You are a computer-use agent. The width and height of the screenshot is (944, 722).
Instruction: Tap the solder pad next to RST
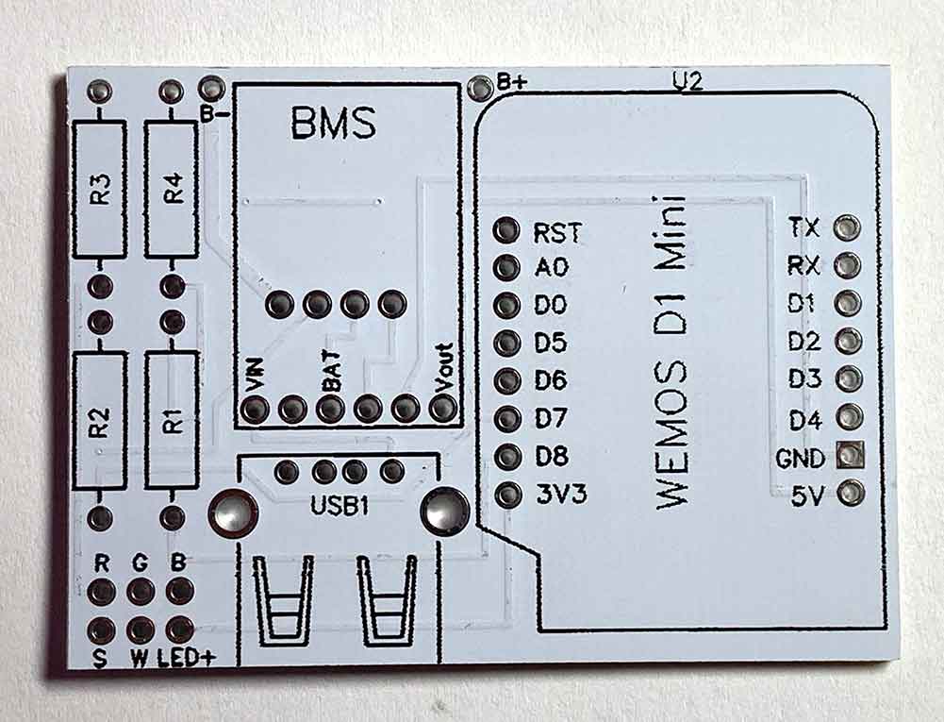point(507,230)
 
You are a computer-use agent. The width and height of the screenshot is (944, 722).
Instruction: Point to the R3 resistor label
point(101,191)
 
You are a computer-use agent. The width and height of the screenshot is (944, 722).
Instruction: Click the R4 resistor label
point(173,190)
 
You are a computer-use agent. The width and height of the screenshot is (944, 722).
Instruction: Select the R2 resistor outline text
point(101,422)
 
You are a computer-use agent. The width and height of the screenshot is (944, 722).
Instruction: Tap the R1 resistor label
point(173,421)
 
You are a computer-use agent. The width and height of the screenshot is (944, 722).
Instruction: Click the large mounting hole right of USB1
point(442,511)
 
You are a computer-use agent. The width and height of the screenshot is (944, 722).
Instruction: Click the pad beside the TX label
point(849,227)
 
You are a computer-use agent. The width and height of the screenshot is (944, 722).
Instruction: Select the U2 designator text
point(687,82)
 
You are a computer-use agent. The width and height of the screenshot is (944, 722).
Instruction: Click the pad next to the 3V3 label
point(507,494)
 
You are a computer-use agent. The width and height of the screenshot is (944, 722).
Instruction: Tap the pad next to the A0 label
point(507,268)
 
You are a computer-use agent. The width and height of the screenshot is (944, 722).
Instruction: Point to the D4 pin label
point(806,419)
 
